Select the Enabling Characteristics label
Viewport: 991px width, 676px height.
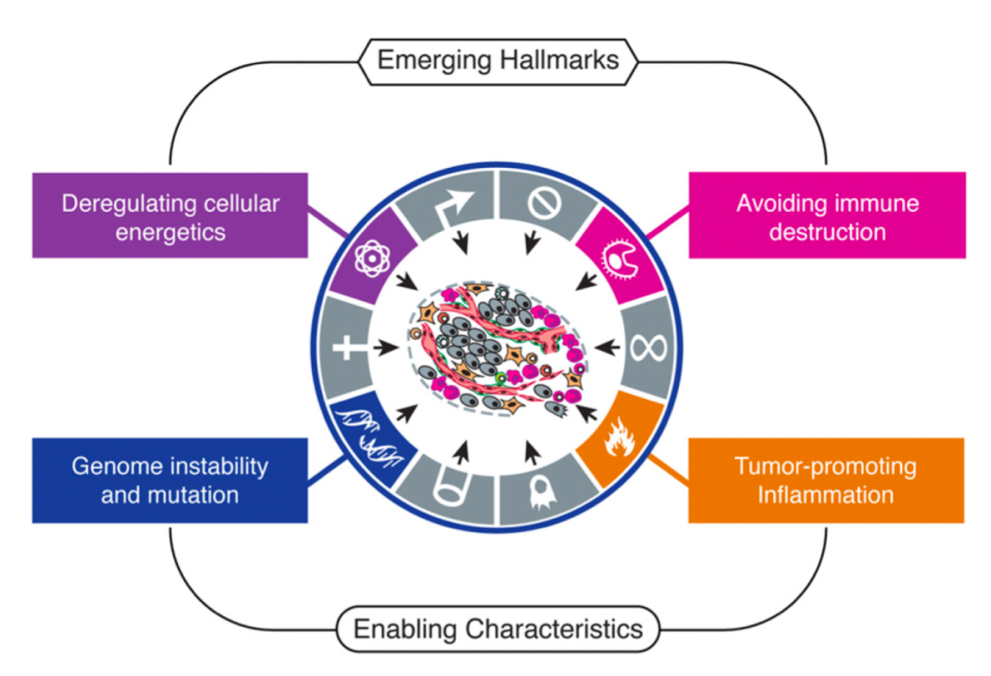[x=497, y=629]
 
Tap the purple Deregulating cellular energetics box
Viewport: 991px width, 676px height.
[x=170, y=215]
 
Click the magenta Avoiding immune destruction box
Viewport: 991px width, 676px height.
[x=827, y=215]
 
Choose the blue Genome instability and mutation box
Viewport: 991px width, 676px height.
[x=170, y=480]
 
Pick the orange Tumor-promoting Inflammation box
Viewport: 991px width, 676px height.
[x=826, y=480]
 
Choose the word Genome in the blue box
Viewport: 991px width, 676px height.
[x=114, y=466]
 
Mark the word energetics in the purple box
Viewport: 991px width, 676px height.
[x=170, y=231]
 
